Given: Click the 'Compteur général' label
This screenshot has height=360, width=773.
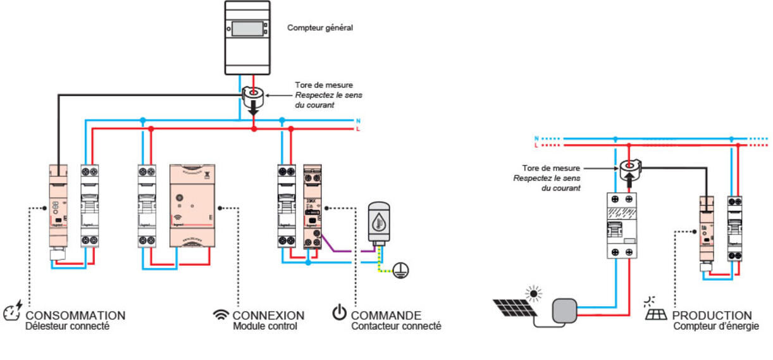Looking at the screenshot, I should point(319,28).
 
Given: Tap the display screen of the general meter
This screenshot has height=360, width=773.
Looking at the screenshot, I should point(247,28).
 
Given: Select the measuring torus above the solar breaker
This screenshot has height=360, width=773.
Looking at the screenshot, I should point(629,168).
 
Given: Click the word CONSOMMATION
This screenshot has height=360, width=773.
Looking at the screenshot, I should point(75,315).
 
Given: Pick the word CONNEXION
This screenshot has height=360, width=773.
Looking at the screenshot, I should point(268,315).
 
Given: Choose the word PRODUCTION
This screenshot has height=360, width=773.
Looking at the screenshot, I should point(712,315).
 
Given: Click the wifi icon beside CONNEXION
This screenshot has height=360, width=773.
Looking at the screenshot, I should point(221,314).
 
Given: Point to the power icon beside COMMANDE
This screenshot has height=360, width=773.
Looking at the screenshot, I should point(340,313).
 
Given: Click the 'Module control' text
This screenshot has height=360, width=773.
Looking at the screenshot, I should point(259,326).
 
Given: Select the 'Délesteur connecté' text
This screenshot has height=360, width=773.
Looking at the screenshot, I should point(68,326).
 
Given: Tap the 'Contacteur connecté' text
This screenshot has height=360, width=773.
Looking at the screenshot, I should point(396,326).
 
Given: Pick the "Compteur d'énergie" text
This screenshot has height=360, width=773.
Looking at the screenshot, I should point(716,326).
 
